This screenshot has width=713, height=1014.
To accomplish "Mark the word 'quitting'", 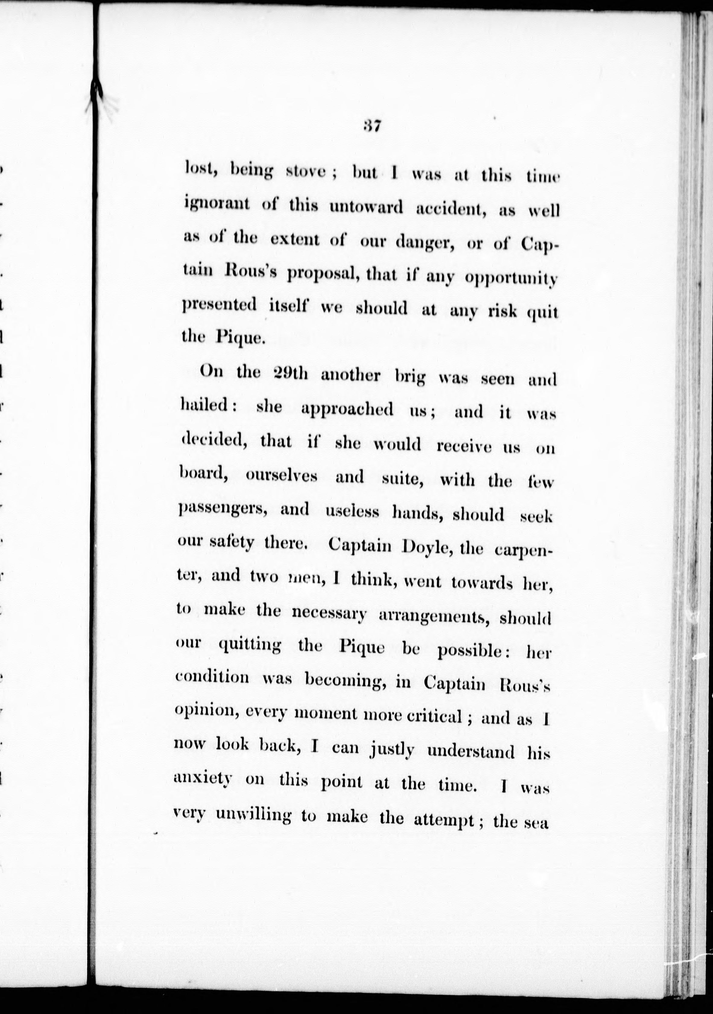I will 250,646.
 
